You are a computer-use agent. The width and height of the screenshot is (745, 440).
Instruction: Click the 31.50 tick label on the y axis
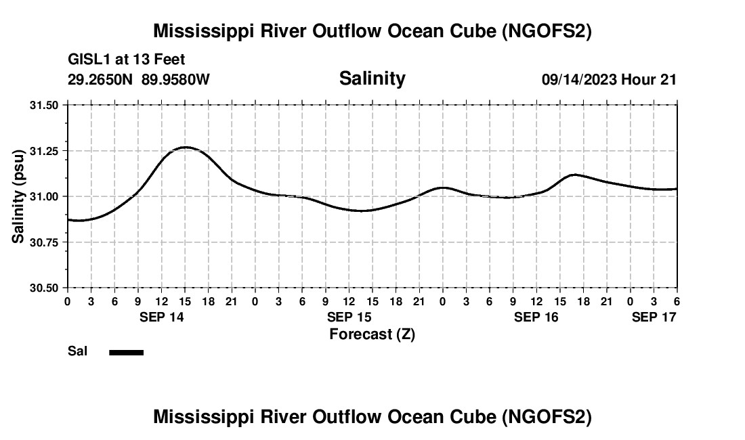click(x=45, y=105)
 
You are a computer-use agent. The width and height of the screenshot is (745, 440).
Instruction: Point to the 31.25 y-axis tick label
click(x=45, y=150)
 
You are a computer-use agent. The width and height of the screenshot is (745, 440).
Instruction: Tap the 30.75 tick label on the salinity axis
click(x=45, y=242)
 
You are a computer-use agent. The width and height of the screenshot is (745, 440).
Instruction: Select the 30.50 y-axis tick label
click(x=45, y=288)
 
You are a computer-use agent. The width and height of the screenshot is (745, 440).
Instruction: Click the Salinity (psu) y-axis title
click(x=19, y=196)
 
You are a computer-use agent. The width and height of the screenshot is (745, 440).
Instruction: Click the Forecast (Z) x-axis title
click(x=372, y=334)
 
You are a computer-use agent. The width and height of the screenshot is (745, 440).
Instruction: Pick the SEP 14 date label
click(x=162, y=317)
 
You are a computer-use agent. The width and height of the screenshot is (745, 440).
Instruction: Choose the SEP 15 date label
click(x=349, y=317)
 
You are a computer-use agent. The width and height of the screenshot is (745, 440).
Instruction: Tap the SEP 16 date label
click(x=536, y=317)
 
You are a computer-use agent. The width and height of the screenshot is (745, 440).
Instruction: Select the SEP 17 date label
click(x=654, y=317)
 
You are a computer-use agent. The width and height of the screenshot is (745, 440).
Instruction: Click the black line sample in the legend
click(x=127, y=352)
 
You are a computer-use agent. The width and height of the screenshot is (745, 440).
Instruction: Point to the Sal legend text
click(x=77, y=351)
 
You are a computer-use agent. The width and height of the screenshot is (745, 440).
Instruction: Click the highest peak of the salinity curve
click(x=184, y=147)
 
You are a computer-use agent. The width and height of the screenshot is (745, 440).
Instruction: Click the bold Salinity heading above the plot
click(x=372, y=79)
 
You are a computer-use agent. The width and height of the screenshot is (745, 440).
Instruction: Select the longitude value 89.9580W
click(x=176, y=79)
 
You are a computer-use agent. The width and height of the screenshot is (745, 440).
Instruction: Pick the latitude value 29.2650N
click(x=101, y=79)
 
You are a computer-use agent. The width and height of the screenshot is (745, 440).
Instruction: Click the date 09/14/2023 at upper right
click(x=579, y=79)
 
